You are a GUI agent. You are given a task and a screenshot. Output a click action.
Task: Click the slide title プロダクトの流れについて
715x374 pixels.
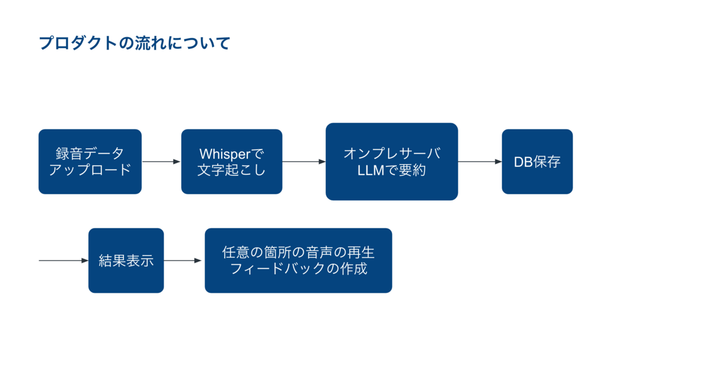(135, 43)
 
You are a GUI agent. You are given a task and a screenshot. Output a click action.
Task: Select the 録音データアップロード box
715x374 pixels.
(90, 162)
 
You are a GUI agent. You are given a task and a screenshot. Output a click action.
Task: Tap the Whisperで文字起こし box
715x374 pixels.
(232, 162)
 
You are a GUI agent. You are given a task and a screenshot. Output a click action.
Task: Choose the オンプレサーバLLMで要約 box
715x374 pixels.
(391, 162)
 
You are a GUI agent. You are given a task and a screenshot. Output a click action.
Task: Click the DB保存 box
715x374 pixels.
(537, 162)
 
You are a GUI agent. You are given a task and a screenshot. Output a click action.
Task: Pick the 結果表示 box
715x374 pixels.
(126, 261)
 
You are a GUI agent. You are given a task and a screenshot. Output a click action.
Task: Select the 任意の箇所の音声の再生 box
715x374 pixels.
(299, 261)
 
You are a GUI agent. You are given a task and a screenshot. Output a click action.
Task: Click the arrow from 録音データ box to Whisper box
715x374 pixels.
(161, 162)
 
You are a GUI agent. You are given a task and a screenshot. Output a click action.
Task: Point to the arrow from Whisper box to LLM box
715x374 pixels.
(304, 162)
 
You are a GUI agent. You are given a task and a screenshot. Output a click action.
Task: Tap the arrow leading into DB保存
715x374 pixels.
(480, 162)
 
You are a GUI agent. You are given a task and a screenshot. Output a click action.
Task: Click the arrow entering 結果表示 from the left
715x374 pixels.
(64, 261)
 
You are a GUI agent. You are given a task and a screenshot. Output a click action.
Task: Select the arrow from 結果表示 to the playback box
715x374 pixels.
(182, 261)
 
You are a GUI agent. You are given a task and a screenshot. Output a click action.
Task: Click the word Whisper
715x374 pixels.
(225, 154)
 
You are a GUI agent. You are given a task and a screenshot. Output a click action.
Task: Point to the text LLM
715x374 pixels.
(371, 171)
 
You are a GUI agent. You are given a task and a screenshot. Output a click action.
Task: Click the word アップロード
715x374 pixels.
(90, 169)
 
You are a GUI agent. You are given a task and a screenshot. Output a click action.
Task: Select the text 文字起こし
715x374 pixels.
(232, 170)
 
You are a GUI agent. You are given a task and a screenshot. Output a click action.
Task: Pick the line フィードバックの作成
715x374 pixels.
(299, 268)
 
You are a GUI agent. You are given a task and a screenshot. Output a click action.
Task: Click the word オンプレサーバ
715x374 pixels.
(392, 153)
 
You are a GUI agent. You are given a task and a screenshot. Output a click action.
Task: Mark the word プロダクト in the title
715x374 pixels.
(78, 43)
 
